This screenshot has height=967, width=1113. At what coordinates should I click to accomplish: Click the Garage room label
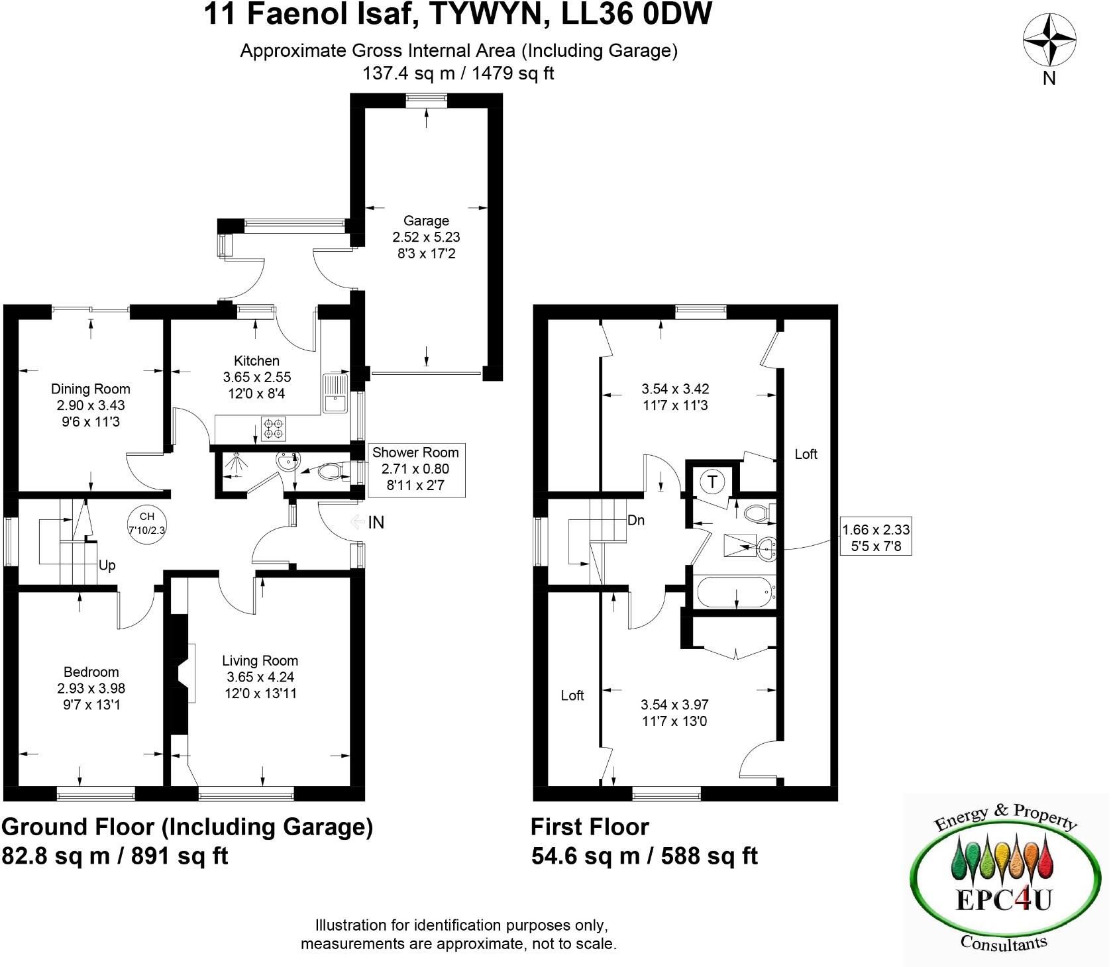pyautogui.click(x=426, y=221)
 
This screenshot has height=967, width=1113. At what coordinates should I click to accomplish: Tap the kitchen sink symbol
pyautogui.click(x=335, y=394)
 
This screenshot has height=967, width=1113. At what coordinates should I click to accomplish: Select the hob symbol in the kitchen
pyautogui.click(x=274, y=428)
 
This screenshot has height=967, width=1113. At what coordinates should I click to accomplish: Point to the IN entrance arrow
pyautogui.click(x=368, y=523)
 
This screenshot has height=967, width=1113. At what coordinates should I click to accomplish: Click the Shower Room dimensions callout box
pyautogui.click(x=415, y=470)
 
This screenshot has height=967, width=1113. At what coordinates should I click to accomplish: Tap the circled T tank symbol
pyautogui.click(x=712, y=482)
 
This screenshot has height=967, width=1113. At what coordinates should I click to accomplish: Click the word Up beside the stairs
pyautogui.click(x=107, y=565)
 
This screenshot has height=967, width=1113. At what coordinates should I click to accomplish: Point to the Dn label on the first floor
pyautogui.click(x=635, y=520)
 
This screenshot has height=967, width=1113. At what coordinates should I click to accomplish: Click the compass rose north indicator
pyautogui.click(x=1049, y=41)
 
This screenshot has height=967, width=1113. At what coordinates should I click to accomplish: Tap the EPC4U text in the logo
pyautogui.click(x=1003, y=901)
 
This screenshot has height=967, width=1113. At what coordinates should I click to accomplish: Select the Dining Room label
pyautogui.click(x=91, y=389)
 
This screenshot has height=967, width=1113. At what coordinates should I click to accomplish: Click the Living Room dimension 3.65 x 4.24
pyautogui.click(x=260, y=677)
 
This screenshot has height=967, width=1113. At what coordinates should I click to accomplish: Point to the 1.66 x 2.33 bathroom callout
pyautogui.click(x=876, y=538)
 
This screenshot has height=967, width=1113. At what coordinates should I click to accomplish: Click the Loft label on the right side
pyautogui.click(x=806, y=454)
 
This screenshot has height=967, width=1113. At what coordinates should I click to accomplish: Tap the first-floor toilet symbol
pyautogui.click(x=757, y=513)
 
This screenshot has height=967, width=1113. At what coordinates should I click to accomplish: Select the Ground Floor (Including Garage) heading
pyautogui.click(x=187, y=827)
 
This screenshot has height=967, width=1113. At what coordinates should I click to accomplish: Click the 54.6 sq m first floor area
pyautogui.click(x=585, y=856)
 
